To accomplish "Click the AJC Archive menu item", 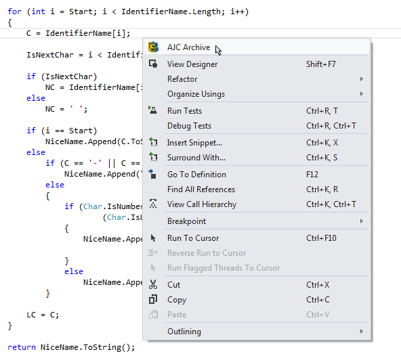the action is point(189,47).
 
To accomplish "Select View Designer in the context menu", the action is point(192,64).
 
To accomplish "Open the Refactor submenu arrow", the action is point(361,79).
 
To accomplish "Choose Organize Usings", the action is point(196,94).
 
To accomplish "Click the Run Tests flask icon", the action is point(153,110).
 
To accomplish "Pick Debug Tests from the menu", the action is point(189,126).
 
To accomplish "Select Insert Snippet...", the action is point(194,143).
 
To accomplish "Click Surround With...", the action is point(196,158).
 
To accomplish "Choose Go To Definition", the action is point(196,175).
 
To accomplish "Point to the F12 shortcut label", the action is point(312,175).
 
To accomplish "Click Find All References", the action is point(201,189).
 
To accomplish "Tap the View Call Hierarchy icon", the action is point(153,204).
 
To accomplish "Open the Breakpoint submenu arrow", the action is point(361,221).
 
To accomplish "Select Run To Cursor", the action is point(193,238).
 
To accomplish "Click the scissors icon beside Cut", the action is point(153,284).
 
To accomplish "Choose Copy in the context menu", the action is point(177,300).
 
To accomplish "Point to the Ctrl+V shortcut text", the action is point(318,315).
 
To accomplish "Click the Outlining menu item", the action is point(184,332).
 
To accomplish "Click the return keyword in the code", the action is point(22,347).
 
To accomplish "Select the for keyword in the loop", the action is point(14,12).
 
